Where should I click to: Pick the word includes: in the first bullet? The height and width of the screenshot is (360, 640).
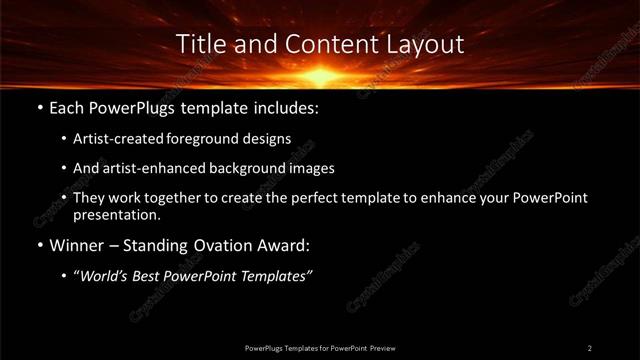[283, 105]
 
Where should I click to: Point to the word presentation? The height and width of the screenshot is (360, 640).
[116, 214]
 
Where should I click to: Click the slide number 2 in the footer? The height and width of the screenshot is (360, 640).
[590, 347]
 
